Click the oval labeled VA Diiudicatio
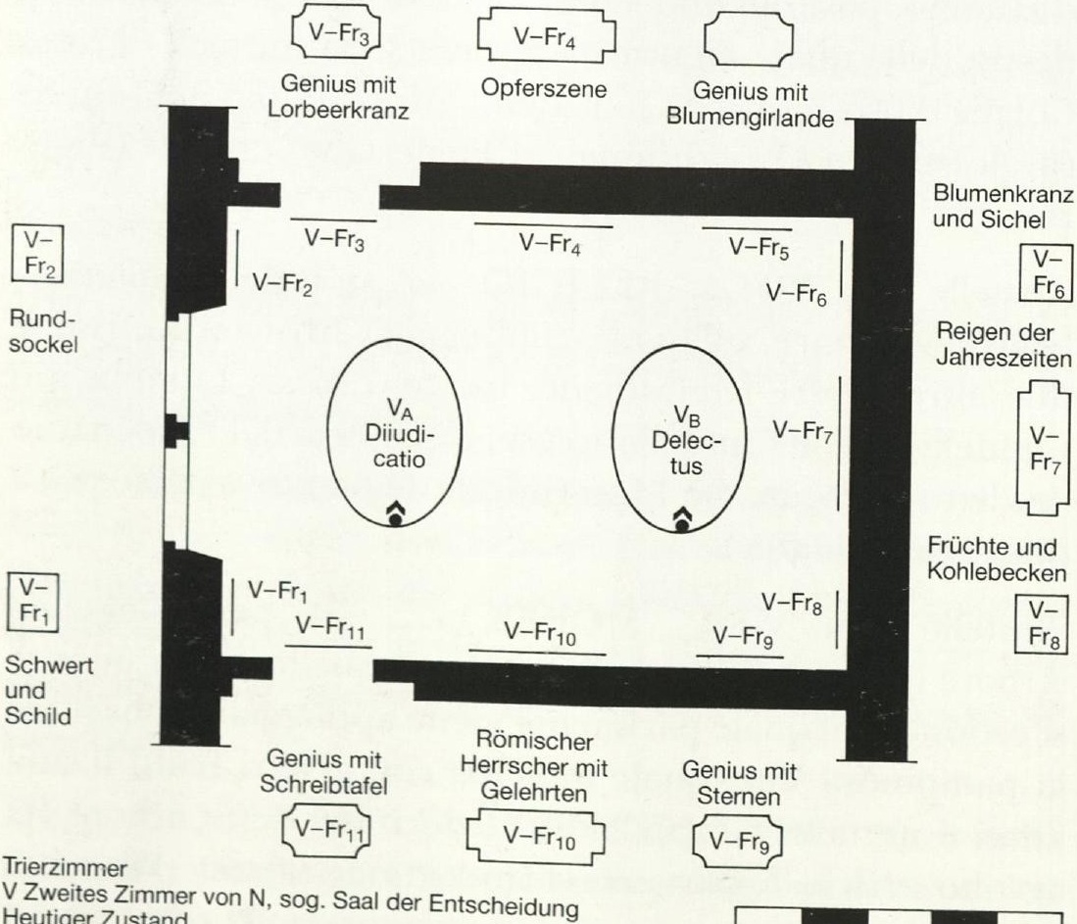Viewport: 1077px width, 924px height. tap(328, 433)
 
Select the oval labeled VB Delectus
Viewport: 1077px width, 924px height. tap(612, 437)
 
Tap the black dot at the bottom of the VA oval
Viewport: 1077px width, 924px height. tap(395, 520)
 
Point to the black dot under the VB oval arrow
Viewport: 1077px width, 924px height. tap(681, 525)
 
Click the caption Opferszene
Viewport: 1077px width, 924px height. tap(543, 88)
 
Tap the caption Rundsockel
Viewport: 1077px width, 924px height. tap(42, 331)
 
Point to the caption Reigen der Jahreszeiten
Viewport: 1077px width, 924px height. tap(1004, 345)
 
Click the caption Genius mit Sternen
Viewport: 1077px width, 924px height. tap(740, 783)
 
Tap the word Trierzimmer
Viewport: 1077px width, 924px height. tap(66, 867)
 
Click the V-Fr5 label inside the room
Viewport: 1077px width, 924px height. tap(759, 248)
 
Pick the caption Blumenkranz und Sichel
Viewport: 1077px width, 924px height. tap(1004, 206)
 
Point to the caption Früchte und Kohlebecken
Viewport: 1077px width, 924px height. tap(998, 559)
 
